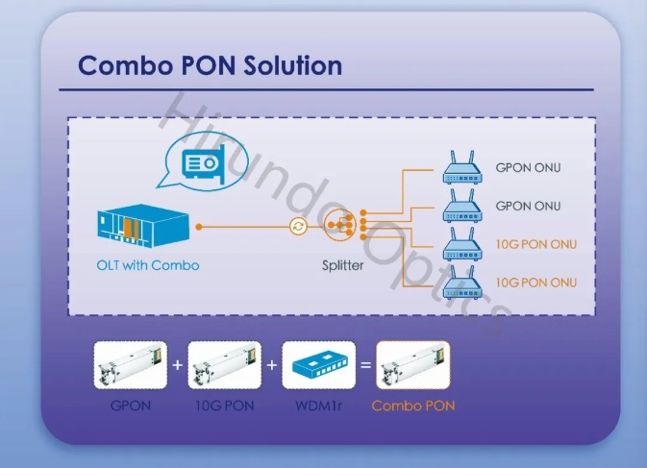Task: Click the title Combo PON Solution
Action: point(210,65)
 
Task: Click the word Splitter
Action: point(343,264)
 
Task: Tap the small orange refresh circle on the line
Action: point(299,227)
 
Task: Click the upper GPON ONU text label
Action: point(528,168)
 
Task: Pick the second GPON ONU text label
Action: point(528,206)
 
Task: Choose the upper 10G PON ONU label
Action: point(535,244)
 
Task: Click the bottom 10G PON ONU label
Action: point(535,282)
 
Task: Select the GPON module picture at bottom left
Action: point(130,365)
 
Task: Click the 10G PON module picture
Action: point(224,365)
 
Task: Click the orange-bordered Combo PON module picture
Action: point(412,365)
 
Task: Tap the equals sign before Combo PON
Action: point(365,365)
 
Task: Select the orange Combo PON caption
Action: point(413,406)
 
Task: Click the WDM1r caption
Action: point(318,406)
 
